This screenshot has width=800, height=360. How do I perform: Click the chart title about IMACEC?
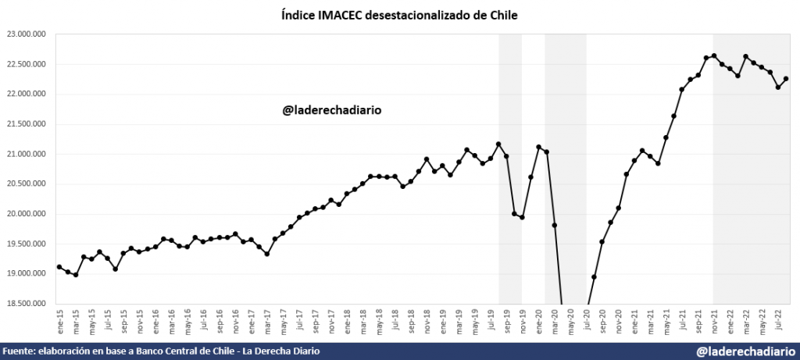[x=399, y=15]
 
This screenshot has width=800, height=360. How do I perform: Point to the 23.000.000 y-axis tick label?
[x=26, y=34]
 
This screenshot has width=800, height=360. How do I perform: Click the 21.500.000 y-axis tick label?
[x=26, y=124]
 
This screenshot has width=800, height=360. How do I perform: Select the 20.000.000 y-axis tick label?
[x=26, y=214]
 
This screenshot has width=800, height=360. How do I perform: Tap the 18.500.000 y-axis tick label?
[x=26, y=304]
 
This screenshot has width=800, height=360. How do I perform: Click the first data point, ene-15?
[x=60, y=267]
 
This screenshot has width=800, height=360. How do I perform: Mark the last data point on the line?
[x=786, y=79]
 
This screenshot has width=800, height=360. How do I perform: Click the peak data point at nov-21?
[x=714, y=55]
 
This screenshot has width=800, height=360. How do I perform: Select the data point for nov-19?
[x=523, y=217]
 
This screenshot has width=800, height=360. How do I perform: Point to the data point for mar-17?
[x=267, y=254]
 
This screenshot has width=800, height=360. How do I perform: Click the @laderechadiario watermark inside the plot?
[x=332, y=110]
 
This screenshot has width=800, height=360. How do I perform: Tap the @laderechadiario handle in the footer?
[x=745, y=352]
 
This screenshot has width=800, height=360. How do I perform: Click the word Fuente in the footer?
[x=19, y=352]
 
